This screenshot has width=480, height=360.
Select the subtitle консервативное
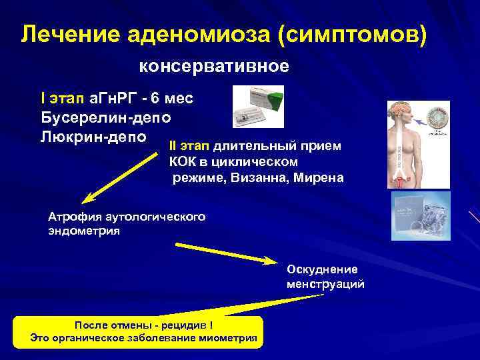coord(214,67)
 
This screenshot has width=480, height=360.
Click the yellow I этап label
coord(62,99)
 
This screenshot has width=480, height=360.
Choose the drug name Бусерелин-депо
coord(105,117)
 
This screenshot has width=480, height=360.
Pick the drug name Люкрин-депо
coord(93,136)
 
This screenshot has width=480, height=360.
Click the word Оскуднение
coord(322,269)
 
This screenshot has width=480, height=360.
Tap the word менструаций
coord(325,284)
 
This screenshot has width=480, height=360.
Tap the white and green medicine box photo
coord(257,106)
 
